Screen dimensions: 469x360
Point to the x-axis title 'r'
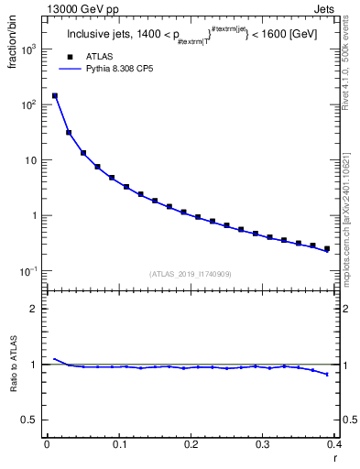click(336, 458)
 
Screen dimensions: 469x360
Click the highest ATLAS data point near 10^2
click(55, 95)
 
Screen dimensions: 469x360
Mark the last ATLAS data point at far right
click(327, 248)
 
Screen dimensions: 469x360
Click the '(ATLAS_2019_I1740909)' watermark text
click(191, 273)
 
